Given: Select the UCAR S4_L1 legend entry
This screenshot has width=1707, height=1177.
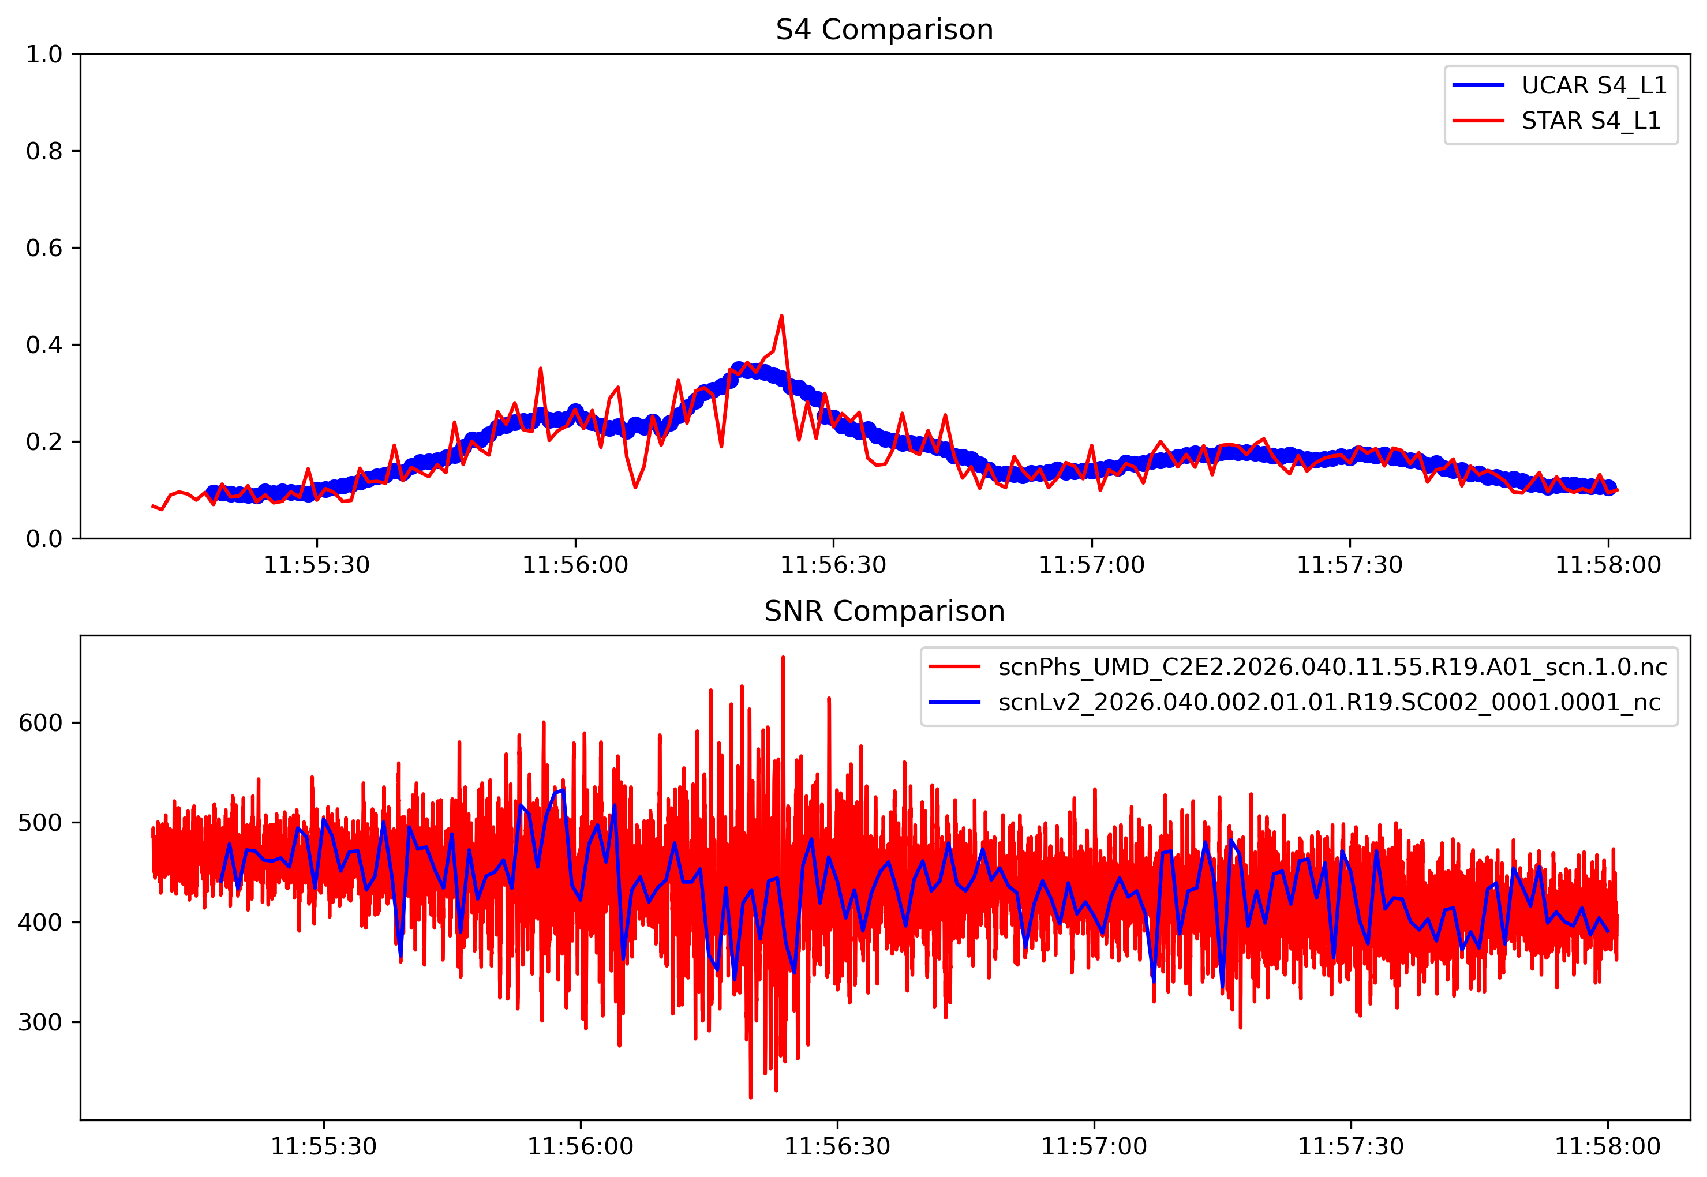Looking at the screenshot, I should click(x=1593, y=85).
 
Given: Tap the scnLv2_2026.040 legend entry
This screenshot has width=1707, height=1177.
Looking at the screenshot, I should click(x=1328, y=702).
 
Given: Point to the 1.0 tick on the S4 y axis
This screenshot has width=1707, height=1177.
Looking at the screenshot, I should click(x=44, y=54).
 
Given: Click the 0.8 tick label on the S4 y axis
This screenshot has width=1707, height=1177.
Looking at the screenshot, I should click(x=44, y=151).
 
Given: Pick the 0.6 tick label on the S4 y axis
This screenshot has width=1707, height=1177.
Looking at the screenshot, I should click(x=44, y=248).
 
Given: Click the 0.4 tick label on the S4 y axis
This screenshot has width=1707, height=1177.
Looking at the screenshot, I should click(x=44, y=345).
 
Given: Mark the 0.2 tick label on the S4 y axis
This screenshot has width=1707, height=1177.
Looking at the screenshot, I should click(x=44, y=442).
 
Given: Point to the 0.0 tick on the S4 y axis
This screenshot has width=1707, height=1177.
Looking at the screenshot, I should click(x=44, y=539).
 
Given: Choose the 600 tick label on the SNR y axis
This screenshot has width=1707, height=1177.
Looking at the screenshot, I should click(x=40, y=723).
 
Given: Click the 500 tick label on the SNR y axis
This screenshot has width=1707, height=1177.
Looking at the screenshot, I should click(x=40, y=822).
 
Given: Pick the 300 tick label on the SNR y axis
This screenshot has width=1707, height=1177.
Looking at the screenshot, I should click(x=40, y=1022).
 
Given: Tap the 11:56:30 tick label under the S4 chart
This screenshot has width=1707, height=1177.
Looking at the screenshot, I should click(x=833, y=565).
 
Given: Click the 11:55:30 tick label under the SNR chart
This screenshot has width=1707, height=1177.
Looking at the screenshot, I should click(x=323, y=1147).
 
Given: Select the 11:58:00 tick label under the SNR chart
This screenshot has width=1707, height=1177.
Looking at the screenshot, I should click(x=1607, y=1147).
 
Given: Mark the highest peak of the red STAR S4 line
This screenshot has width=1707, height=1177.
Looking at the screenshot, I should click(x=781, y=316).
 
